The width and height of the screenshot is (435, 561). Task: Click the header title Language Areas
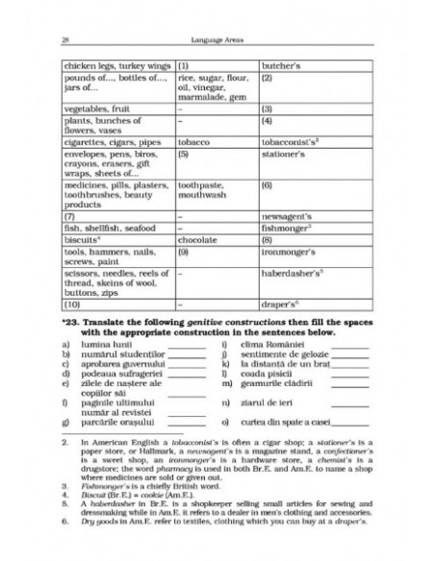[217, 13]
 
